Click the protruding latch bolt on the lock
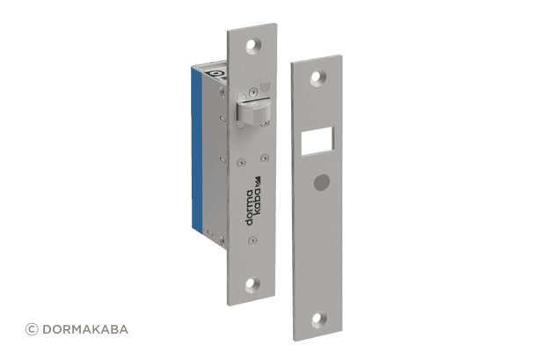click(x=253, y=110)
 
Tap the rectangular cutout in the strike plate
click(x=317, y=141)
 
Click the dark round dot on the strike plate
click(x=322, y=182)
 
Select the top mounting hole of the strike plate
click(x=318, y=78)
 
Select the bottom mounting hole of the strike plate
click(x=319, y=320)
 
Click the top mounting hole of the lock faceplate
click(x=253, y=46)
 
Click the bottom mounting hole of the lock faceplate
click(x=252, y=284)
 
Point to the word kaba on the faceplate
click(x=258, y=202)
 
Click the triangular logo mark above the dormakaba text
click(x=257, y=181)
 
